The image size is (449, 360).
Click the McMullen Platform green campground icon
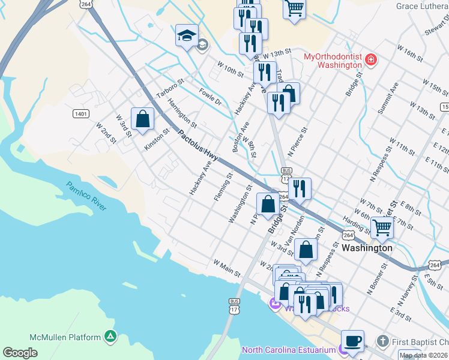point(110,337)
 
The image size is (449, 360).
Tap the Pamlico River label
point(86,196)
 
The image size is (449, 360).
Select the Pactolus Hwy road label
point(197,146)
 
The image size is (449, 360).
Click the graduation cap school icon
point(187,36)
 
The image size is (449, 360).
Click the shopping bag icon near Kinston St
point(142,118)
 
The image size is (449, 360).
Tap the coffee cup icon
point(352,340)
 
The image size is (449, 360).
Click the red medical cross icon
point(371,60)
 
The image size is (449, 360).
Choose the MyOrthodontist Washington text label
point(332,61)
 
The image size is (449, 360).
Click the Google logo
point(20,353)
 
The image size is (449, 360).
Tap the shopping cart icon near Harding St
point(382,227)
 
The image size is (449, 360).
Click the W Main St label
point(226,268)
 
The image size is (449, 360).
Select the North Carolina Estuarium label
point(288,350)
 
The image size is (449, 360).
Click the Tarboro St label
point(169,89)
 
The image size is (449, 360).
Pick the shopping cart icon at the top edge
point(294,8)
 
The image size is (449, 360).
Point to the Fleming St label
point(222,188)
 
